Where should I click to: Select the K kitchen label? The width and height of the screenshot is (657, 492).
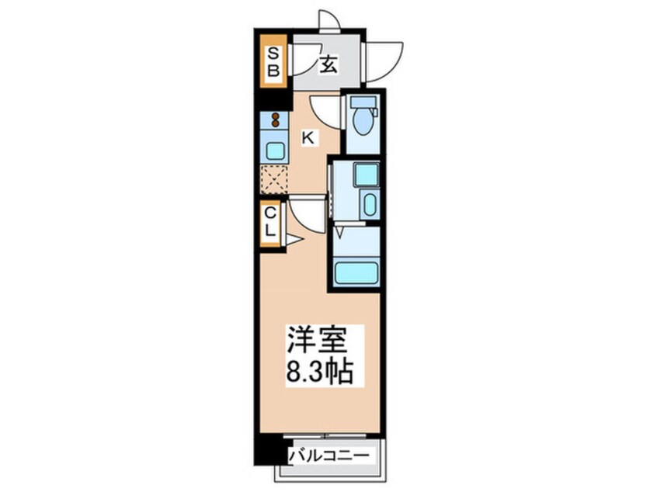(308, 138)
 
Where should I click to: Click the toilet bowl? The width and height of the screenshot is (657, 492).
(361, 123)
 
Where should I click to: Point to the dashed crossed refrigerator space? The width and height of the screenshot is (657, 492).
(274, 178)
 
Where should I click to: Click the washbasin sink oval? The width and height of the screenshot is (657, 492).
(370, 205)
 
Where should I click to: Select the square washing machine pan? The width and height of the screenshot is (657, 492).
(366, 175)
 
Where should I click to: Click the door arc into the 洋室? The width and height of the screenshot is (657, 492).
(304, 213)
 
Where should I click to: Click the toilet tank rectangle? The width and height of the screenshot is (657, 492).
(362, 101)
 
